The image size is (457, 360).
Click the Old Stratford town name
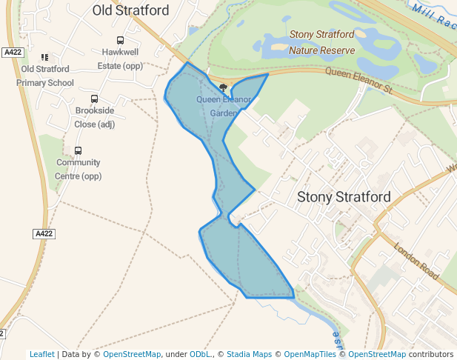click(x=130, y=10)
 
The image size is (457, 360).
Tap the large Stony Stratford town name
click(x=344, y=197)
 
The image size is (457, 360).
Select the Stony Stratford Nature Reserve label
click(x=322, y=42)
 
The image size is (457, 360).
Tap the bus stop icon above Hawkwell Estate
click(x=120, y=41)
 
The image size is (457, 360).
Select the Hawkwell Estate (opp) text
click(x=120, y=59)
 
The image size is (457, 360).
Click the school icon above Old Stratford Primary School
click(x=45, y=57)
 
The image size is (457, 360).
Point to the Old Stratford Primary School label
click(x=45, y=76)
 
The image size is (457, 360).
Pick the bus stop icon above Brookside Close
click(x=95, y=99)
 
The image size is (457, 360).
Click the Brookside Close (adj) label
click(x=95, y=117)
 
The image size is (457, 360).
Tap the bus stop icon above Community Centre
click(x=79, y=150)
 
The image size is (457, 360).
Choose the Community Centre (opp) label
click(x=79, y=169)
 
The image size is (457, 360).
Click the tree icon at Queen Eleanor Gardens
click(x=223, y=87)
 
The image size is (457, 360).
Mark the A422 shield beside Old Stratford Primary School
click(x=13, y=53)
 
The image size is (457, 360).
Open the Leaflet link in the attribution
click(x=41, y=354)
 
